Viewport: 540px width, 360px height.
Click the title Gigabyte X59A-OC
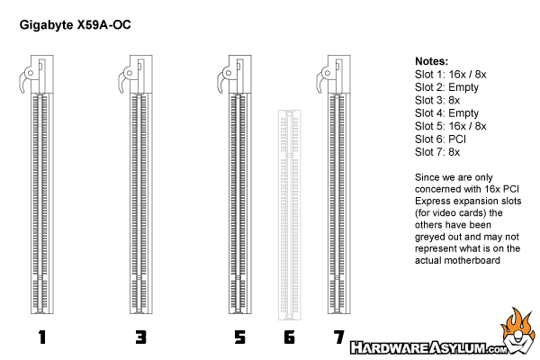75,25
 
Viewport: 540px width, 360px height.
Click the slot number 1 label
42,337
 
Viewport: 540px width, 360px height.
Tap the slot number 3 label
141,337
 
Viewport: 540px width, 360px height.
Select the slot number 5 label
239,337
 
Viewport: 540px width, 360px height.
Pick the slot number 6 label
289,337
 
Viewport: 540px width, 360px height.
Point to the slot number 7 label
339,337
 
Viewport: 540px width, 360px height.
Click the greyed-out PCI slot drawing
289,215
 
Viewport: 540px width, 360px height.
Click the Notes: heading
431,61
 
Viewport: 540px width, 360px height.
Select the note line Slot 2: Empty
446,87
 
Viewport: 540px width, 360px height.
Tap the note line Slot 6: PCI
440,139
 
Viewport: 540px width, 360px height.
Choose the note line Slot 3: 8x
437,100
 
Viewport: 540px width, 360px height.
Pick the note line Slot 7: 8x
437,152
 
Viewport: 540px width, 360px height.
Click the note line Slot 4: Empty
446,113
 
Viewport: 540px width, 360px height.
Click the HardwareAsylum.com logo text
428,347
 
